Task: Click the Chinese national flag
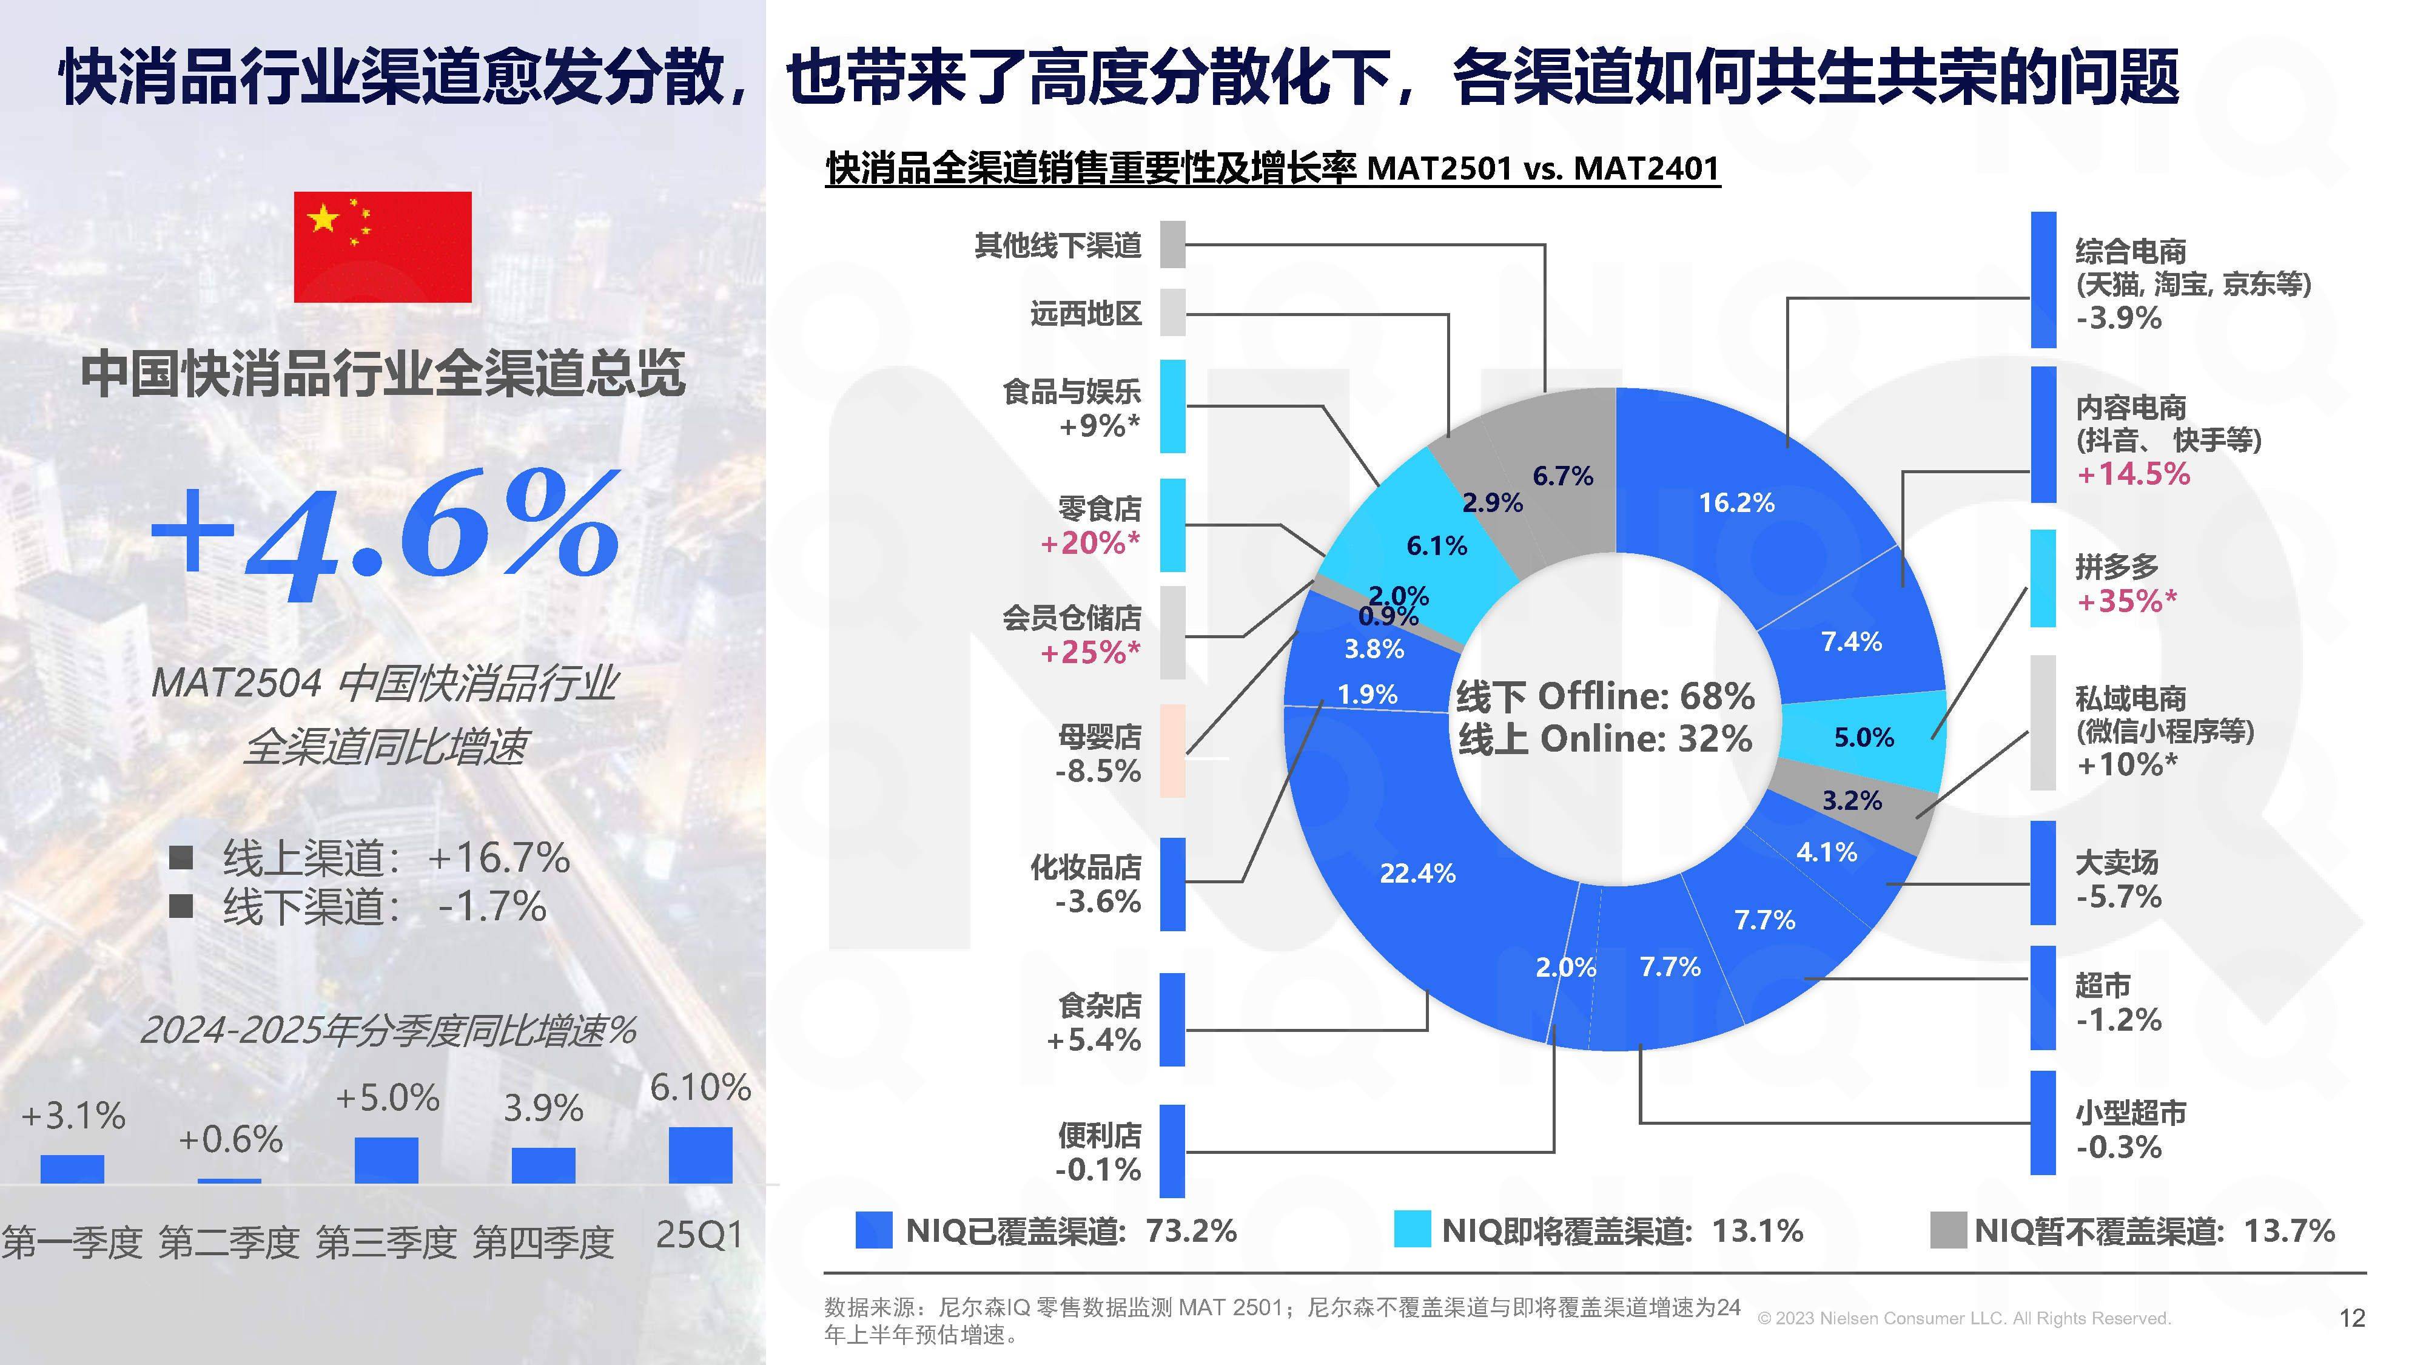(382, 247)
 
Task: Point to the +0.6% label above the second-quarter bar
(230, 1140)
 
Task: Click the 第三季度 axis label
(386, 1242)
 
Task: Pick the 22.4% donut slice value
(1417, 873)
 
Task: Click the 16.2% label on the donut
(1736, 503)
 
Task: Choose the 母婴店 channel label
(1099, 736)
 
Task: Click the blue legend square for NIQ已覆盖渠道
(873, 1230)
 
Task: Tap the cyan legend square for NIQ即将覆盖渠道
(1411, 1230)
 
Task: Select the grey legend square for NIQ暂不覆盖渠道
(1947, 1230)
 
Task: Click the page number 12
(2351, 1318)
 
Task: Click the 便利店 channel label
(1099, 1135)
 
